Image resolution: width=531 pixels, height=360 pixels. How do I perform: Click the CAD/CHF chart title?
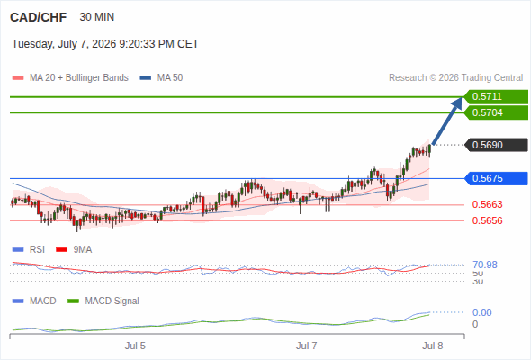(x=39, y=17)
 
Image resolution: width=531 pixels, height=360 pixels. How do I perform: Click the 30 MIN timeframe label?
(x=97, y=17)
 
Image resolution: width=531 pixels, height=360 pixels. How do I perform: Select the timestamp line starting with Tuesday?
(x=105, y=44)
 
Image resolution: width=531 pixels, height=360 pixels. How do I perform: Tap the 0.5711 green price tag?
(x=496, y=97)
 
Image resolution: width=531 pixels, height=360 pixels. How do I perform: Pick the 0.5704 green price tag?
(x=496, y=112)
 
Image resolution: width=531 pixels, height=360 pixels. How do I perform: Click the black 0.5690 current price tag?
(x=496, y=145)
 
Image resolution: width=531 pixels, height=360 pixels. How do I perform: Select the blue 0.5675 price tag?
(x=496, y=178)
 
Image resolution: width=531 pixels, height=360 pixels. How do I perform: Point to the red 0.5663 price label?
(x=487, y=204)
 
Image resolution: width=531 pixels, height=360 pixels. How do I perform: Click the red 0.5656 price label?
(x=487, y=220)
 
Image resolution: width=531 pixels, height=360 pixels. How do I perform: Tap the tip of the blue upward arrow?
(x=462, y=98)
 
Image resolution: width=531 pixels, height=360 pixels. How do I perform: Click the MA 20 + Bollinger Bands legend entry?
(x=70, y=78)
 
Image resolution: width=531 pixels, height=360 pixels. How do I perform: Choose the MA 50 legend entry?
(x=161, y=78)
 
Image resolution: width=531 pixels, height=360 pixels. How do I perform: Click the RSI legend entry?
(x=29, y=249)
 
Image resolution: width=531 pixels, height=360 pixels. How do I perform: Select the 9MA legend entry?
(x=74, y=249)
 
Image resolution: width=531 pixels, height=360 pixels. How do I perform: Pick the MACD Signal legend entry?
(x=103, y=301)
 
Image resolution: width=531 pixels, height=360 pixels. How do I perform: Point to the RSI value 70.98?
(x=485, y=265)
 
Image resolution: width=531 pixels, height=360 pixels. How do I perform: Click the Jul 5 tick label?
(x=135, y=346)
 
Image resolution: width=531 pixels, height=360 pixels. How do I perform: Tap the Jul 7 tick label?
(x=307, y=346)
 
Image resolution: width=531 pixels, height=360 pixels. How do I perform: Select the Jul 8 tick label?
(x=433, y=346)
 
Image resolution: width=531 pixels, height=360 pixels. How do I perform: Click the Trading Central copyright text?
(x=455, y=78)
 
